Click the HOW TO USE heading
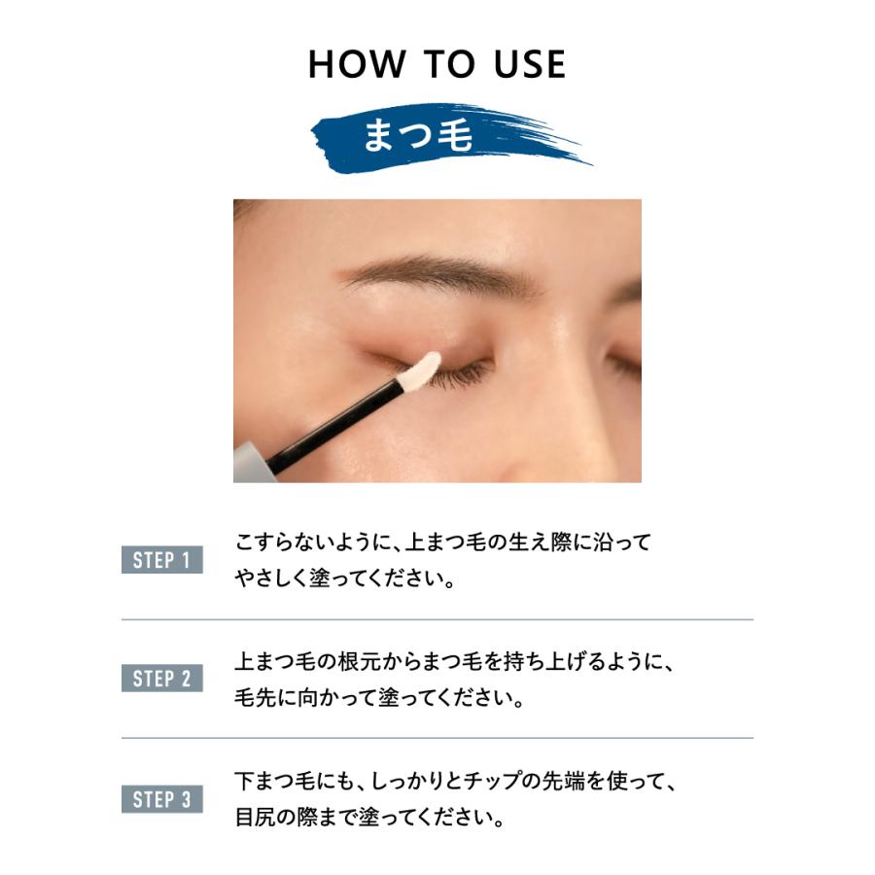(437, 65)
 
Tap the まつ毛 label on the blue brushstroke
(418, 136)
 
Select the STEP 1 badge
(162, 560)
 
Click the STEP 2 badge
(162, 679)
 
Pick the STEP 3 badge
(162, 799)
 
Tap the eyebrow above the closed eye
(437, 273)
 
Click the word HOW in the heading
(356, 65)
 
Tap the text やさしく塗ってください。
(346, 579)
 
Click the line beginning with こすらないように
(443, 542)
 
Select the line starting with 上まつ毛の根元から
(455, 662)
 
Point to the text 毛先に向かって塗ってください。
(379, 699)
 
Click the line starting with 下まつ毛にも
(455, 781)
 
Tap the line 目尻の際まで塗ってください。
(370, 818)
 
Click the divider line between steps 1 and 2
(437, 619)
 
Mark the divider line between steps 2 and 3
(437, 739)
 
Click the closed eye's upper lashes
(467, 374)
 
